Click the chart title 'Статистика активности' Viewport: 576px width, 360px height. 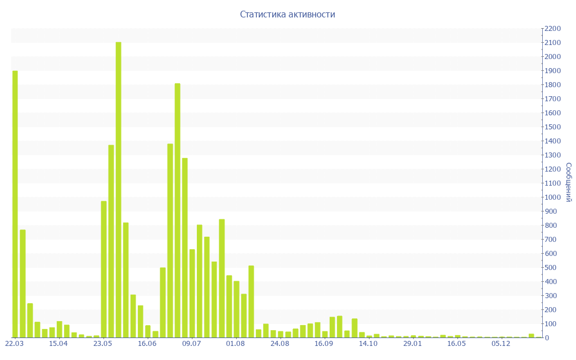click(x=287, y=15)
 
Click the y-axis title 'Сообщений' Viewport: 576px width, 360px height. click(x=569, y=182)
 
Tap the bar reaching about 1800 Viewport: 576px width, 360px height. click(x=178, y=210)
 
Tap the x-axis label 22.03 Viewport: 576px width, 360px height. click(x=14, y=344)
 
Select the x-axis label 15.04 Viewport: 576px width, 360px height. click(x=58, y=344)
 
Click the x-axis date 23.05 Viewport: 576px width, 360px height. click(x=103, y=344)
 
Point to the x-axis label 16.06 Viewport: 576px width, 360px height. click(x=147, y=344)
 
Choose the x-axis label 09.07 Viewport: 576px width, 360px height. click(x=191, y=344)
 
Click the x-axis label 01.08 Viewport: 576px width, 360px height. click(x=235, y=344)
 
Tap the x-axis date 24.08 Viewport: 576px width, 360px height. click(x=280, y=344)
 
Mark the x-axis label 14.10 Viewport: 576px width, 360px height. click(x=368, y=344)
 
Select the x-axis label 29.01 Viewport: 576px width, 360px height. click(x=412, y=344)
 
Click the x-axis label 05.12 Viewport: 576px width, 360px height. click(x=501, y=344)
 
